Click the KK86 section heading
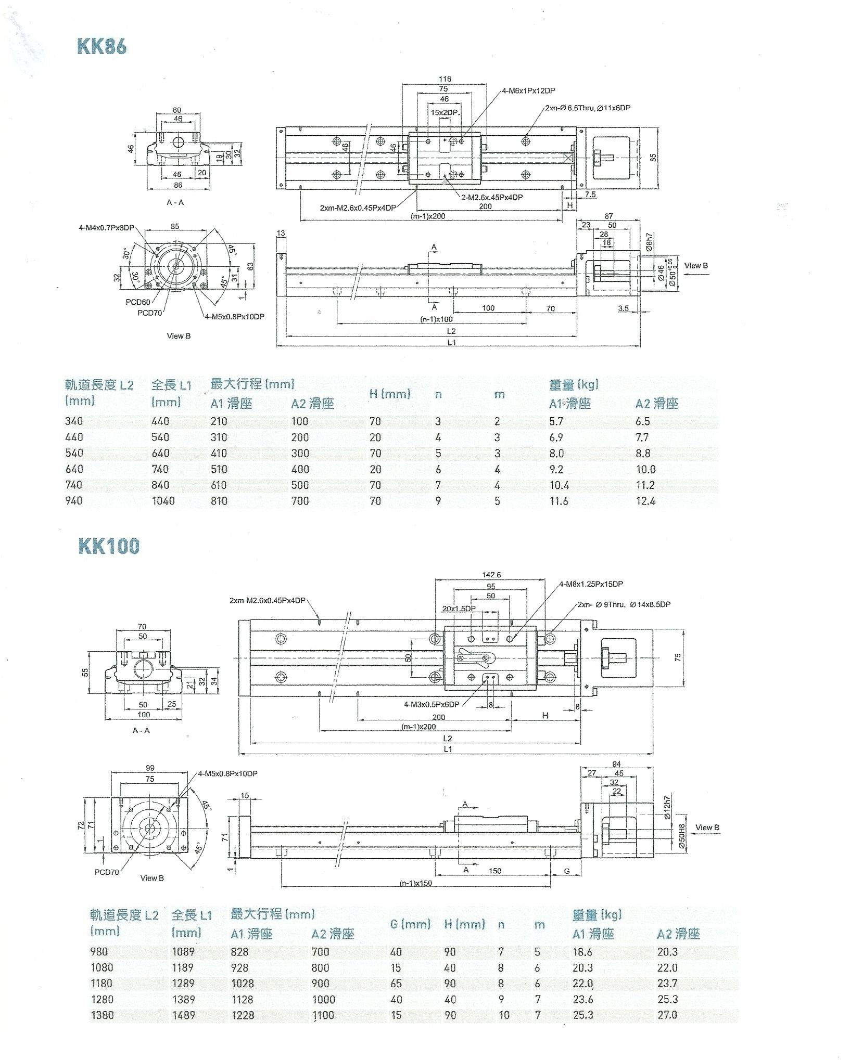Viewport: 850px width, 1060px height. pos(102,46)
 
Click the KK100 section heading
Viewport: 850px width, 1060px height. pos(109,546)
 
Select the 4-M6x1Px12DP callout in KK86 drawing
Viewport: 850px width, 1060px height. pos(528,91)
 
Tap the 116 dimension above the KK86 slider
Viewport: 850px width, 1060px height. pos(445,79)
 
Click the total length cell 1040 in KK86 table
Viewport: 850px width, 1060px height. pos(163,501)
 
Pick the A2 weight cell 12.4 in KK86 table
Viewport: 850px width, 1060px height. pos(645,501)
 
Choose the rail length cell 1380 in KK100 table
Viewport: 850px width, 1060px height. pos(103,1015)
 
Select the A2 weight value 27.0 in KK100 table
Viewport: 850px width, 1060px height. pos(667,1015)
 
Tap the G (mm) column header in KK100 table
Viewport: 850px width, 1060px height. pos(410,924)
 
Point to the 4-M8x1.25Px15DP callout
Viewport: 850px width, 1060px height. pos(591,584)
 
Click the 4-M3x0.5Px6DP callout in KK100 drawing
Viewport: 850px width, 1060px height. pos(431,704)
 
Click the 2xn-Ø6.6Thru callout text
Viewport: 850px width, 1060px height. pos(587,108)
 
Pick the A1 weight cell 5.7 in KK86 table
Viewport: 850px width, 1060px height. pos(556,421)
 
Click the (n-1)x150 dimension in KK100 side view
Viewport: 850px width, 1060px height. pos(415,883)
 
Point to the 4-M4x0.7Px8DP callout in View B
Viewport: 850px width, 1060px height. pos(106,228)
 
